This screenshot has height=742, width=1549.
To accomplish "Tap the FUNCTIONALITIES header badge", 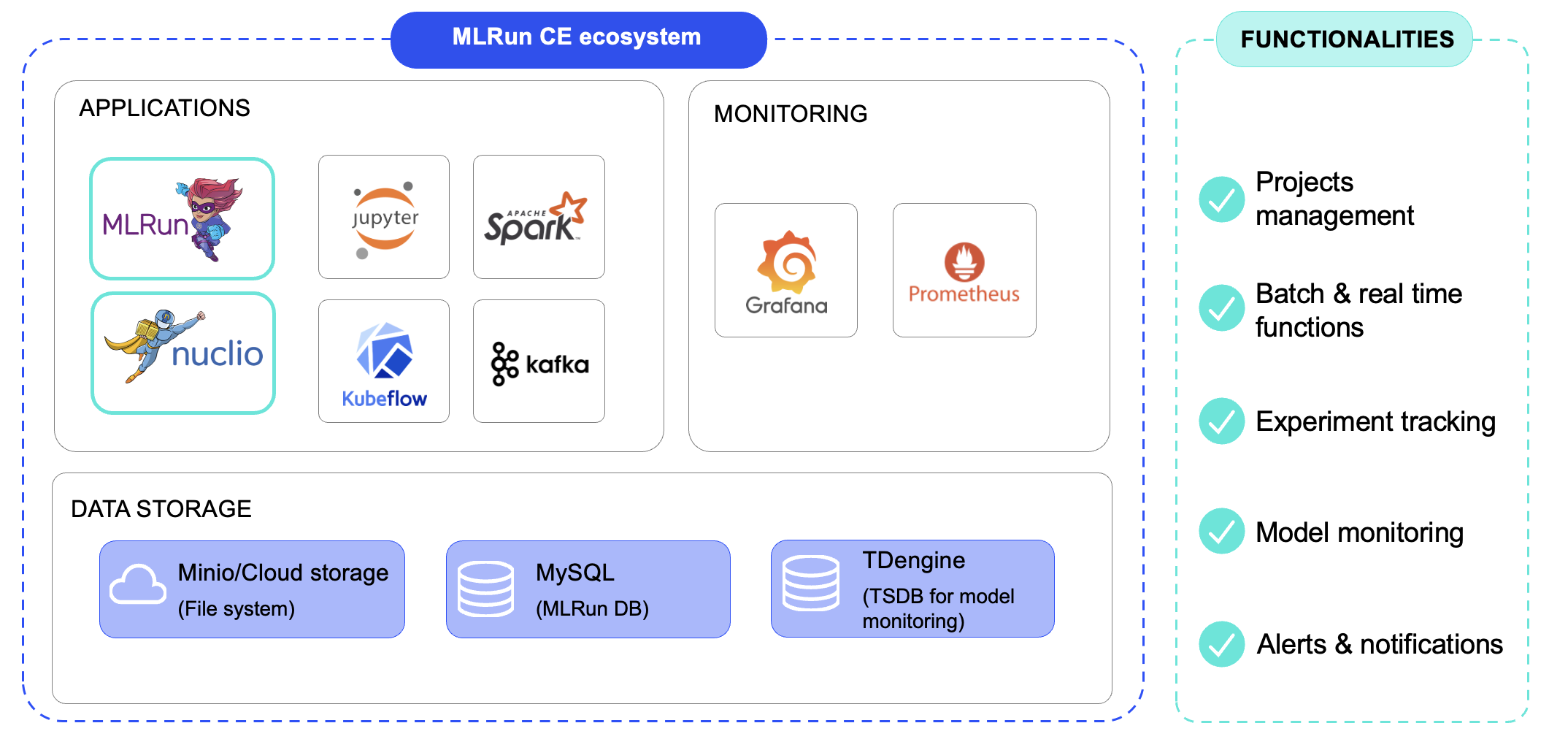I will coord(1345,39).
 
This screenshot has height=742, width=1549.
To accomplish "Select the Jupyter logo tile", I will coord(384,217).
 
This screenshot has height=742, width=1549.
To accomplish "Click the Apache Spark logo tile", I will coord(539,217).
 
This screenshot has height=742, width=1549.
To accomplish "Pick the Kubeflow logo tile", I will coord(384,362).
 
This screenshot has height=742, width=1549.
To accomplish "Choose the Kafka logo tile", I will coord(539,362).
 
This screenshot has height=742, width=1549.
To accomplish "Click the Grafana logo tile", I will coord(786,270).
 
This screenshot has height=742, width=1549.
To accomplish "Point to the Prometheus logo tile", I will coord(964,270).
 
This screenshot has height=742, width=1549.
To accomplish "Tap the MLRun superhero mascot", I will coord(211,218).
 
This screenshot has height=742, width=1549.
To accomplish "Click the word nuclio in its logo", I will coord(217,354).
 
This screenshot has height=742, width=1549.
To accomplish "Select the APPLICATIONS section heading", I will coord(164,108).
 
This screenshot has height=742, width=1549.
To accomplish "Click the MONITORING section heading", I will coord(791,114).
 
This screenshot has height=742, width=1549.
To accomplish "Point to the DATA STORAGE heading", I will coord(161,509).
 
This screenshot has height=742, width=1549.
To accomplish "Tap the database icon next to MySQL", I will coord(485,589).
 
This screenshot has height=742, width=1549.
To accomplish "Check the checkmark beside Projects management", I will coord(1221,199).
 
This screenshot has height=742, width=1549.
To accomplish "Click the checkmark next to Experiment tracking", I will coord(1221,421).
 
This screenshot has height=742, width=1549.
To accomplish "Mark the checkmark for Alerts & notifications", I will coord(1221,644).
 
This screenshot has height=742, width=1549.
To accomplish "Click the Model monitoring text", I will coord(1359,532).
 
